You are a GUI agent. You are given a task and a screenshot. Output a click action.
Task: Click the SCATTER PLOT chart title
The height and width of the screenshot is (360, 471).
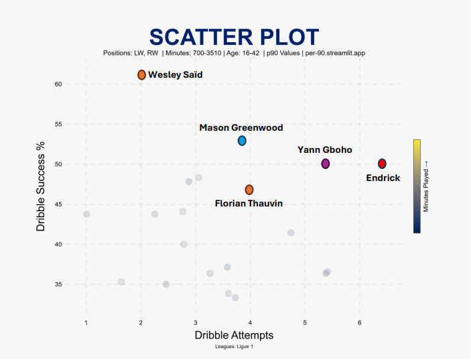click(234, 36)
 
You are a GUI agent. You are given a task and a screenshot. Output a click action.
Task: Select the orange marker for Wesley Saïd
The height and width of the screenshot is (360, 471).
click(141, 75)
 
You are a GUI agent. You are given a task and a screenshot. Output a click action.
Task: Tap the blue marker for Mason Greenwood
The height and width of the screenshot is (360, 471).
click(242, 141)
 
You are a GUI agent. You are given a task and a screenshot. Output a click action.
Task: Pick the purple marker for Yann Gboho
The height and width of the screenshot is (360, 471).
click(326, 164)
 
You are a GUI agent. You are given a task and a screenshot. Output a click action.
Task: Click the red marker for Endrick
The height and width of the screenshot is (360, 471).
click(382, 164)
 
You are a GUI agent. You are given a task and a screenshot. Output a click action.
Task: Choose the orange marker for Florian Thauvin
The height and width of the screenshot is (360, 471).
click(249, 190)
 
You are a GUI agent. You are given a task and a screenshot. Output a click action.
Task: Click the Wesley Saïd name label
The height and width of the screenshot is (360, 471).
click(175, 75)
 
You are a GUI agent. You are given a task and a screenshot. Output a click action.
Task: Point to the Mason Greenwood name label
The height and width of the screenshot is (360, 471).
click(241, 127)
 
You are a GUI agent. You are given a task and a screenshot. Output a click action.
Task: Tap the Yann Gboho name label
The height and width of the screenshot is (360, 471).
click(325, 149)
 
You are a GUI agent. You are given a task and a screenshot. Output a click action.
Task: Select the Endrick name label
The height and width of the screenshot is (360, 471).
click(383, 178)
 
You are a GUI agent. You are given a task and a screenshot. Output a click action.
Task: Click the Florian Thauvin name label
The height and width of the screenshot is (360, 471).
click(249, 203)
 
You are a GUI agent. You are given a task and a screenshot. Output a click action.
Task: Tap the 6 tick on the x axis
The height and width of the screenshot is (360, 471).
click(360, 324)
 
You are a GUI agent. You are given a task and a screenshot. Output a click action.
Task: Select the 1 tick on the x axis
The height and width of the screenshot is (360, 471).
click(86, 324)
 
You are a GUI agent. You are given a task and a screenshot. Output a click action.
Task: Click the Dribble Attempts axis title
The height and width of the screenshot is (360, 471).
click(234, 335)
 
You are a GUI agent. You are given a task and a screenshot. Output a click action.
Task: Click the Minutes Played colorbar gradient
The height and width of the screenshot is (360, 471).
click(417, 186)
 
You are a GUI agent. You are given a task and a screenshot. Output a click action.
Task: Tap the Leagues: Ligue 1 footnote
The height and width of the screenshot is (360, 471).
click(234, 347)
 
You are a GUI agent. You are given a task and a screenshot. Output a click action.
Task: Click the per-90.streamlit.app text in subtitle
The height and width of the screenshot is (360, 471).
click(335, 52)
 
